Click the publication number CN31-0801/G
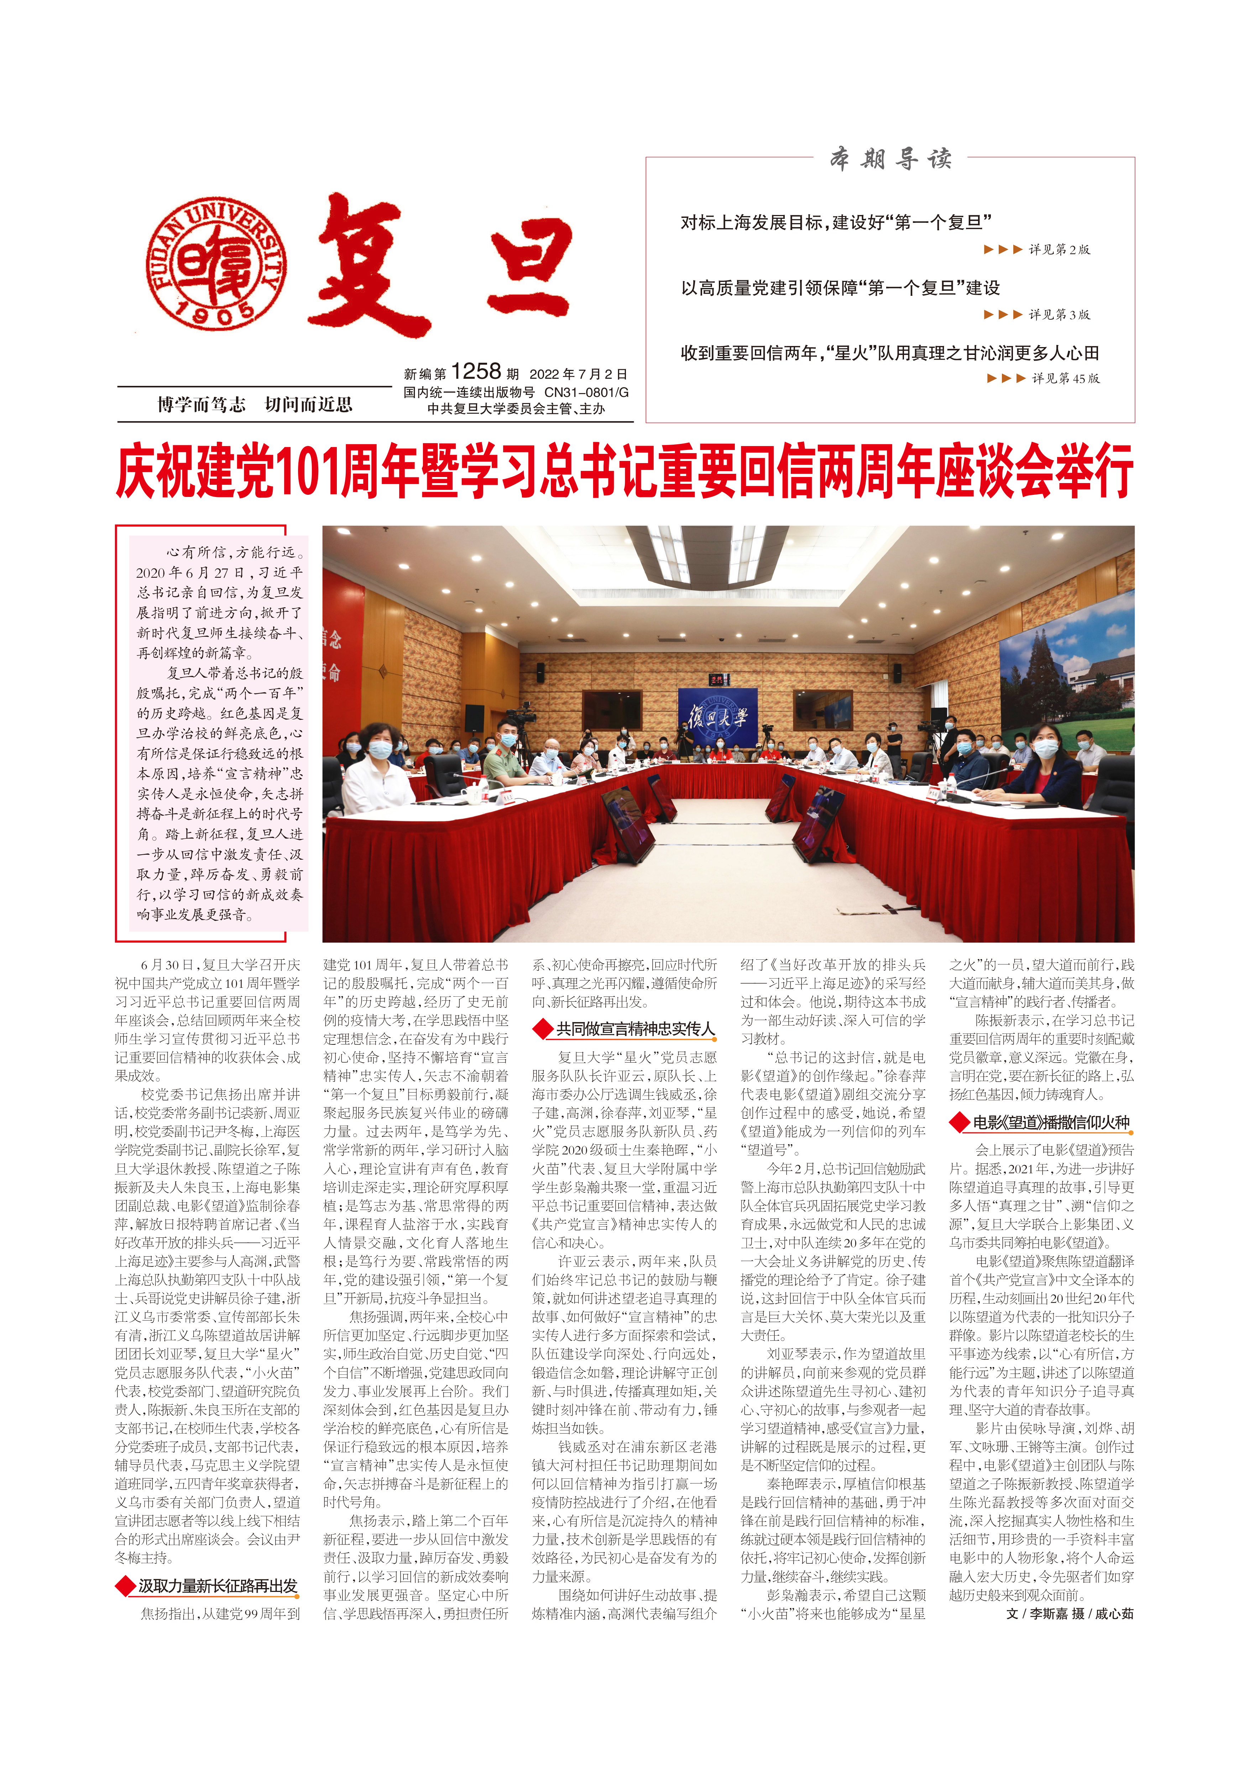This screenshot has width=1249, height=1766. [x=586, y=392]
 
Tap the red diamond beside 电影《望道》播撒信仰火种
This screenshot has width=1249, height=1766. [x=958, y=1122]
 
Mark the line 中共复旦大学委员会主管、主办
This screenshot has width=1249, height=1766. [x=516, y=409]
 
